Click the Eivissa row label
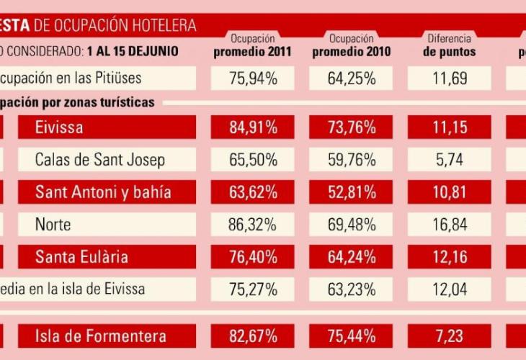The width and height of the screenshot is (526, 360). pyautogui.click(x=59, y=128)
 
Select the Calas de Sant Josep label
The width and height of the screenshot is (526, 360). pyautogui.click(x=100, y=160)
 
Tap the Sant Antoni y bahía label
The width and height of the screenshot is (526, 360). pyautogui.click(x=103, y=192)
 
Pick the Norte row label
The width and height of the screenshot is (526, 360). pyautogui.click(x=53, y=225)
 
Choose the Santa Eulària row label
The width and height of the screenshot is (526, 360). pyautogui.click(x=83, y=257)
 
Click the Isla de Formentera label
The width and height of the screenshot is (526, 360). pyautogui.click(x=101, y=336)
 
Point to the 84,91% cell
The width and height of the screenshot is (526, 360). pyautogui.click(x=253, y=128)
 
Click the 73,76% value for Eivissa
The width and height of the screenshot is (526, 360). pyautogui.click(x=351, y=128)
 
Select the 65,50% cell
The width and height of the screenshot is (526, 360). pyautogui.click(x=253, y=160)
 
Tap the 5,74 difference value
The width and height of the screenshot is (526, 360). pyautogui.click(x=449, y=160)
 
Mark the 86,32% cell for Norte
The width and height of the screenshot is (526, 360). pyautogui.click(x=253, y=225)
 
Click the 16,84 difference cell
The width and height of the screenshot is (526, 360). pyautogui.click(x=449, y=225)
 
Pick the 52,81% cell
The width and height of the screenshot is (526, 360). pyautogui.click(x=351, y=192)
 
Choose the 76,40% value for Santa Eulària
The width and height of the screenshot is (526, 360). pyautogui.click(x=253, y=257)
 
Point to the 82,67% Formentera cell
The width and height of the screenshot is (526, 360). pyautogui.click(x=253, y=336)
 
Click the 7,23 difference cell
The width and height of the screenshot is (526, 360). pyautogui.click(x=449, y=336)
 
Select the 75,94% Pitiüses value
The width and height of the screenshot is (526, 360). pyautogui.click(x=253, y=78)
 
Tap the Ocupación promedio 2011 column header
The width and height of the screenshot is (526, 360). pyautogui.click(x=252, y=45)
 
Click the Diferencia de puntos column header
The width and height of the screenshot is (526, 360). pyautogui.click(x=449, y=45)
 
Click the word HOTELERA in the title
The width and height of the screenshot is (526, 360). pyautogui.click(x=164, y=25)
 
